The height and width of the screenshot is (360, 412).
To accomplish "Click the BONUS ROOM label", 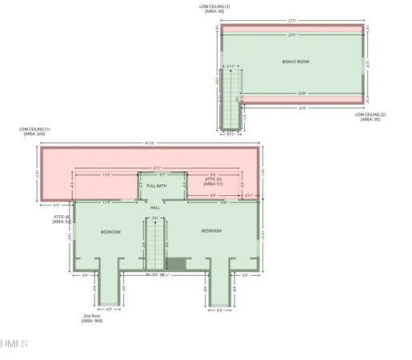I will point(296,62).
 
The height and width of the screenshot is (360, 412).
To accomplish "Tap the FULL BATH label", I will point(156,186).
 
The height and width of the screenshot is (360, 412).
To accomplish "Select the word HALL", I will point(155,207).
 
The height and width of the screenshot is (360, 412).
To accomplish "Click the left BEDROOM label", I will point(110,231).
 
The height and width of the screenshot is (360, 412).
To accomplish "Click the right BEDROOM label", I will point(211,231).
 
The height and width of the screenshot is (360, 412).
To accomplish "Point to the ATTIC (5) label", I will point(214,182).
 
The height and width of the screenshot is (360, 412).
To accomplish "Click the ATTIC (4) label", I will point(62,218).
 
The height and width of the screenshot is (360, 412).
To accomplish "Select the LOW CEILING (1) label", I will point(36,131).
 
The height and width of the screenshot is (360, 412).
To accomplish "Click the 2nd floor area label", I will point(92,318).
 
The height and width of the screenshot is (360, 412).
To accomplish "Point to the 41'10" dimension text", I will point(150,142).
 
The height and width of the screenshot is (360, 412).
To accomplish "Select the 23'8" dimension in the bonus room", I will point(302,94).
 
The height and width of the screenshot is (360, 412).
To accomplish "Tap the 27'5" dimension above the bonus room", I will point(292,20).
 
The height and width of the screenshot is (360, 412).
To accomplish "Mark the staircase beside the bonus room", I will point(231,96).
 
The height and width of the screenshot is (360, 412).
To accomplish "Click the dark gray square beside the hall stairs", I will point(177,263).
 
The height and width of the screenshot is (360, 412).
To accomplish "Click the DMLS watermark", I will point(14,344).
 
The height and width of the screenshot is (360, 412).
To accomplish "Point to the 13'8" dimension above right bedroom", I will point(222,202).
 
